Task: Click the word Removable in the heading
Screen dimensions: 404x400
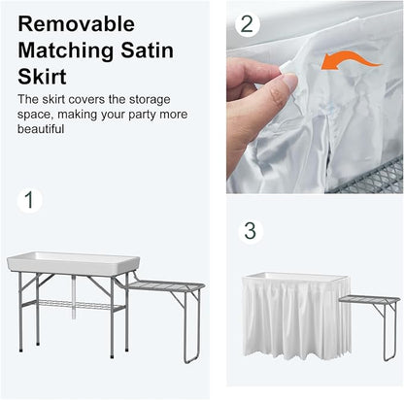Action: (77, 24)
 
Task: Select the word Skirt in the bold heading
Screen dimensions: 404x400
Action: (42, 77)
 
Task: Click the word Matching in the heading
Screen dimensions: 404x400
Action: (66, 51)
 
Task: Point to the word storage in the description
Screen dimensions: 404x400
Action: (150, 100)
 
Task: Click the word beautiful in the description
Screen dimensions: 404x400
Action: (41, 129)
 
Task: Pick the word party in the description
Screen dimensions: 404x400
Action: (143, 115)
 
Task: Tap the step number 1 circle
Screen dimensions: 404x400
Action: (29, 200)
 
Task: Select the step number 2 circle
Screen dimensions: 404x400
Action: (248, 23)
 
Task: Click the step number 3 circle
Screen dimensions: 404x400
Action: (251, 231)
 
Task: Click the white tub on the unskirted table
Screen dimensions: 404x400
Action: (74, 263)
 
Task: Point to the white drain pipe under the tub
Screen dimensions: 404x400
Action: (74, 296)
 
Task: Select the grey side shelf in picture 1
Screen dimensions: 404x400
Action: (166, 285)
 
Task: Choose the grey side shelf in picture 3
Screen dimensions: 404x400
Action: (370, 299)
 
